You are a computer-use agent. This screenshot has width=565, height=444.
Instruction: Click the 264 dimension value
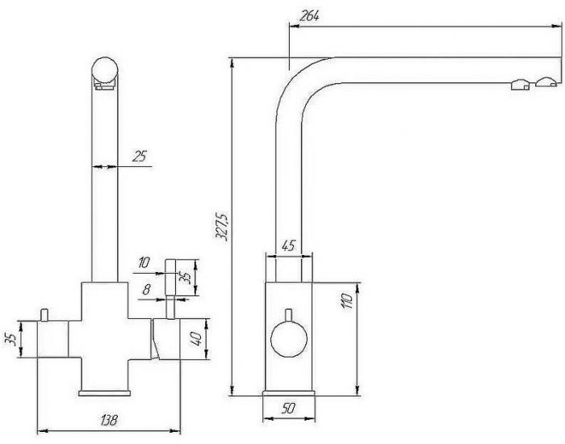click(309, 16)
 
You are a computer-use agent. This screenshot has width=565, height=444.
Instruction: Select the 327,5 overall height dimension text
click(221, 227)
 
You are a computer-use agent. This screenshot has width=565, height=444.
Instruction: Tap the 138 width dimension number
click(109, 420)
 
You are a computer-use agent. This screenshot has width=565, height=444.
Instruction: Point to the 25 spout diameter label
click(140, 157)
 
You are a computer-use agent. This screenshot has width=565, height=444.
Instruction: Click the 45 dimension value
click(288, 246)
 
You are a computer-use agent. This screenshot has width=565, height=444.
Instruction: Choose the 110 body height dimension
click(346, 301)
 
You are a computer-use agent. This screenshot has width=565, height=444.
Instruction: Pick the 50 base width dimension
click(288, 408)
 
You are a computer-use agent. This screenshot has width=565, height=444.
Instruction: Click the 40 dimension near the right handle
click(196, 339)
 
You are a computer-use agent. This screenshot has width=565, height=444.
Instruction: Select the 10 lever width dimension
click(144, 262)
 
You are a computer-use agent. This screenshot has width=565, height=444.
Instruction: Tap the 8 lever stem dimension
click(146, 290)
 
